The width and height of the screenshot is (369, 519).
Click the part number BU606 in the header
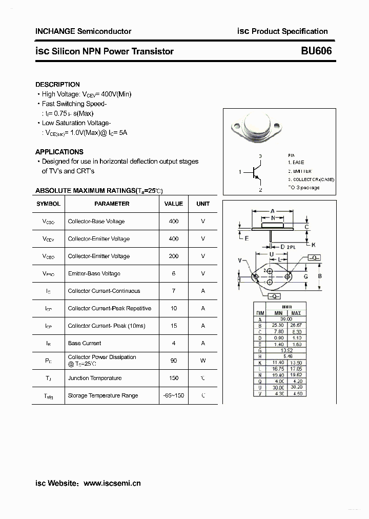pos(316,51)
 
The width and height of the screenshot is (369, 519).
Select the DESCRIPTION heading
pos(57,85)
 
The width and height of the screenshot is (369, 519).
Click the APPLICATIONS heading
pos(59,152)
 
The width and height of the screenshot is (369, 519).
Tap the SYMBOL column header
pos(48,204)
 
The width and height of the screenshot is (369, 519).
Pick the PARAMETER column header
pos(112,204)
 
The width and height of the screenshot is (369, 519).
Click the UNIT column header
pos(203,204)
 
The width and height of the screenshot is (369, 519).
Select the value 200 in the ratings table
pos(174,256)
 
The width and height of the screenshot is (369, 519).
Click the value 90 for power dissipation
pos(174,361)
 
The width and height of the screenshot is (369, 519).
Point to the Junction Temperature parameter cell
pos(95,378)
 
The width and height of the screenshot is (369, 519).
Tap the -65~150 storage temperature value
pos(174,395)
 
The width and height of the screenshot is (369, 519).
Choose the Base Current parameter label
pos(85,343)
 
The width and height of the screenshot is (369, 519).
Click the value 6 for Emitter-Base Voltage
pos(174,273)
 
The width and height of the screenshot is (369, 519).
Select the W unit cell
pos(203,361)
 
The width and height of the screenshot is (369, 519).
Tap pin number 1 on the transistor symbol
pos(240,172)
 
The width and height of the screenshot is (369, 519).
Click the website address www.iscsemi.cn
pos(112,483)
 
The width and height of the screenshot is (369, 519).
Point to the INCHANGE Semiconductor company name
pos(83,31)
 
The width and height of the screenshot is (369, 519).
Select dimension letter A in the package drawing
pos(273,211)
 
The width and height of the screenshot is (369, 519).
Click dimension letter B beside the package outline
pos(319,276)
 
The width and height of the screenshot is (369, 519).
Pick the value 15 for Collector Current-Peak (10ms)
pos(174,326)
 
